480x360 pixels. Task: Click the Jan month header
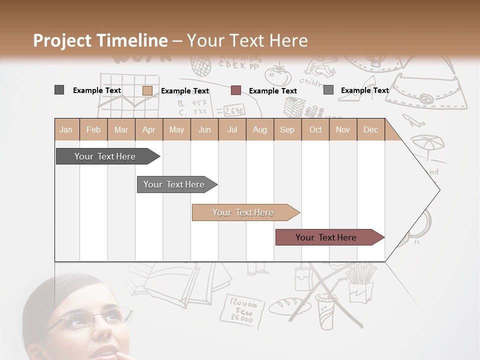66,129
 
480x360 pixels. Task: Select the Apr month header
149,129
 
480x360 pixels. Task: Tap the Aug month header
260,129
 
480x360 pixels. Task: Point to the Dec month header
371,129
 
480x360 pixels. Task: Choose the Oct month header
315,129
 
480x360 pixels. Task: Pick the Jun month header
204,129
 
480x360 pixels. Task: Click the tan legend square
147,90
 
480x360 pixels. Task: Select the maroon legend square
236,90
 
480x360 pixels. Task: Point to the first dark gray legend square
59,90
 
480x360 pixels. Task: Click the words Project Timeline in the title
100,40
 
